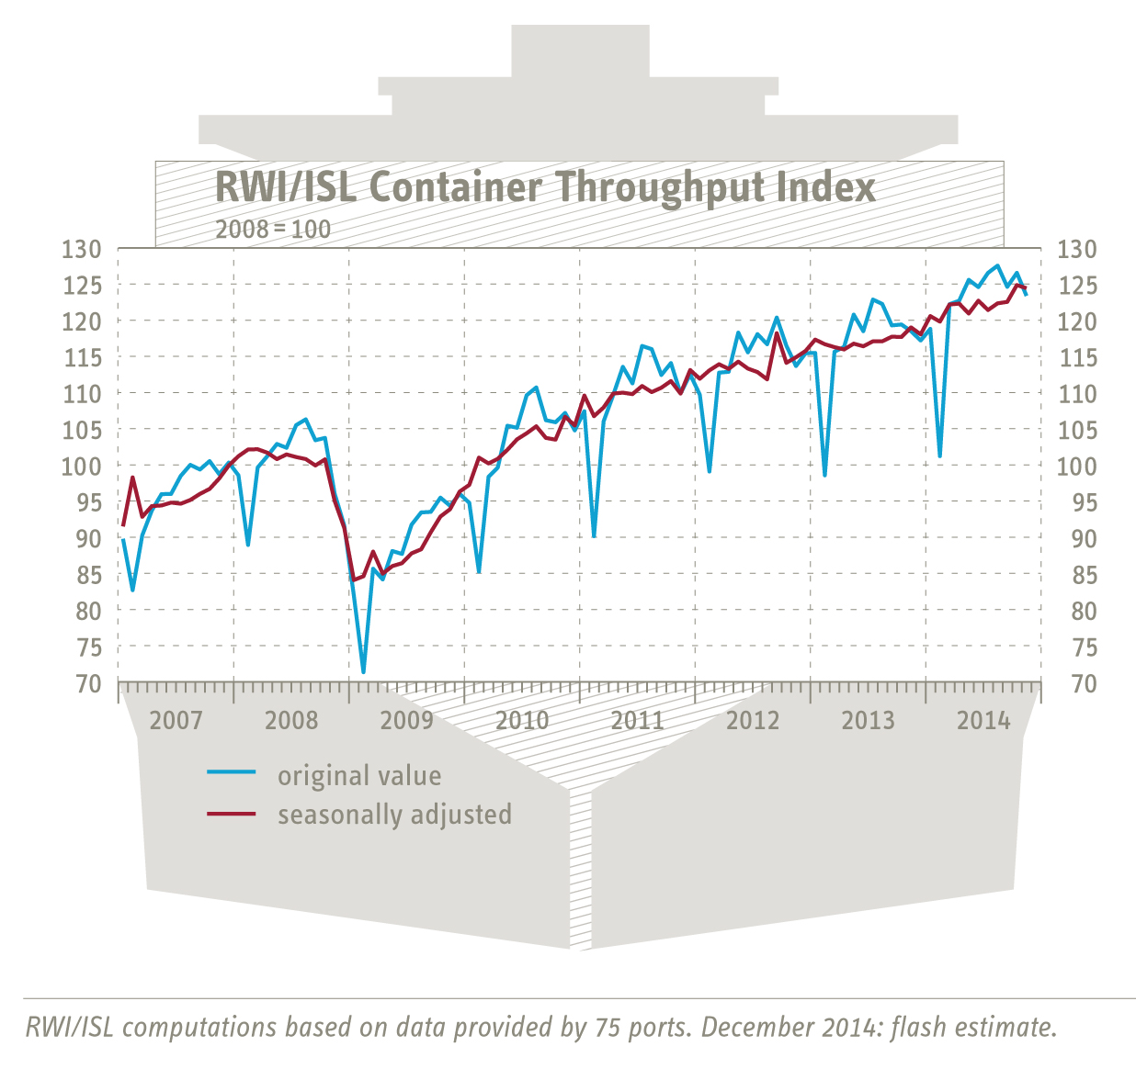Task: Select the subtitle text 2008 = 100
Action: [x=273, y=229]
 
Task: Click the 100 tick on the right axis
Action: [x=1077, y=466]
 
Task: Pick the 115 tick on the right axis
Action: [x=1077, y=357]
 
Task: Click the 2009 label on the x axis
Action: [x=406, y=719]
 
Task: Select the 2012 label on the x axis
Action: [x=753, y=719]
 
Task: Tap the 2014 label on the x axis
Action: [x=983, y=719]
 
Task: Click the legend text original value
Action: [x=359, y=776]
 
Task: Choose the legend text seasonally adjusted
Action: [x=394, y=815]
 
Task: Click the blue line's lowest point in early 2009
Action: [x=363, y=672]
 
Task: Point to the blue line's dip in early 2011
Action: [x=595, y=536]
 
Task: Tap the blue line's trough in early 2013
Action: [x=824, y=475]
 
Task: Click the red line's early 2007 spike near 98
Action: [x=132, y=477]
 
